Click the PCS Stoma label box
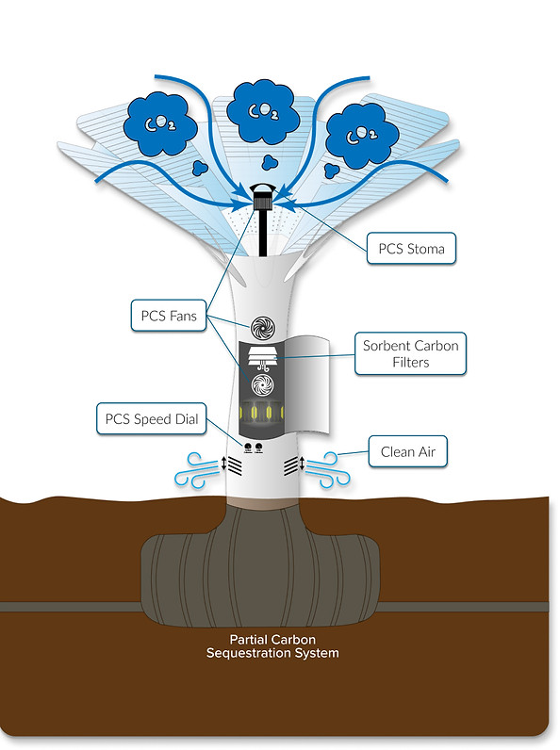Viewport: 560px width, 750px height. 411,248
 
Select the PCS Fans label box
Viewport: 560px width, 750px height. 169,316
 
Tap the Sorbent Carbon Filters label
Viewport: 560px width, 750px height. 410,353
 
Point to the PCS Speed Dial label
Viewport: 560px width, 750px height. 151,419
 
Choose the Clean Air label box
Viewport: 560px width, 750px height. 408,451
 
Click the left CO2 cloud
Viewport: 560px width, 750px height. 160,123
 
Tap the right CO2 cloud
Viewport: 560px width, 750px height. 362,136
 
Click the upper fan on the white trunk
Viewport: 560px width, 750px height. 263,328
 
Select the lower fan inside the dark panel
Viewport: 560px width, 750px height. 262,385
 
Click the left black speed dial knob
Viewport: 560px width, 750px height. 248,448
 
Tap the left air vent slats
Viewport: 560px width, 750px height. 235,465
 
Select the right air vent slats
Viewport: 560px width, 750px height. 291,465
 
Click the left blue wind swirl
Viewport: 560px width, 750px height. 197,470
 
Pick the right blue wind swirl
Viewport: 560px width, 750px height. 328,470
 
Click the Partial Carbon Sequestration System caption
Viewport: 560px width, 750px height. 272,646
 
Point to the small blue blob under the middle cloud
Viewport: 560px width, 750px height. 270,163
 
